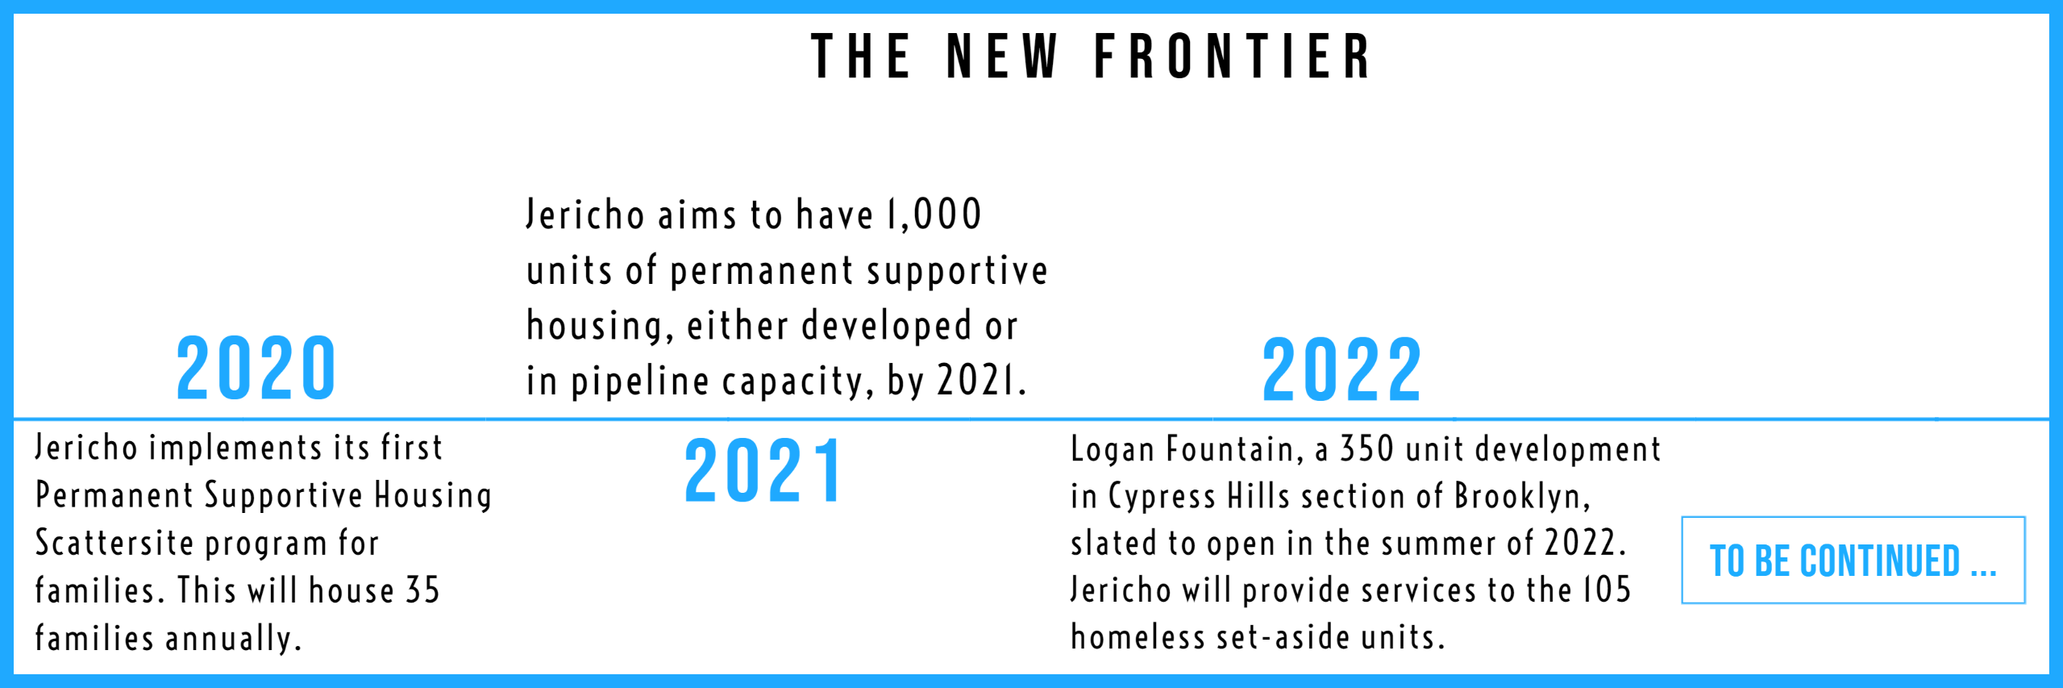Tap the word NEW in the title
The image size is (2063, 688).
click(1002, 56)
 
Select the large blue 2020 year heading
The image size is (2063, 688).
click(256, 369)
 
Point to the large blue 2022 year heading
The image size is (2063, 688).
click(1341, 370)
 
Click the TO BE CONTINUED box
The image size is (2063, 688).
click(1853, 560)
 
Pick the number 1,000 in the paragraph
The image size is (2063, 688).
click(934, 215)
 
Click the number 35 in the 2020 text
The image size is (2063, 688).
click(422, 590)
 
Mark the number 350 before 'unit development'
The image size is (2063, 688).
click(1365, 449)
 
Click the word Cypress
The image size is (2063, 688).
click(1162, 497)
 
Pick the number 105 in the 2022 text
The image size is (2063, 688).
click(1606, 590)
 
